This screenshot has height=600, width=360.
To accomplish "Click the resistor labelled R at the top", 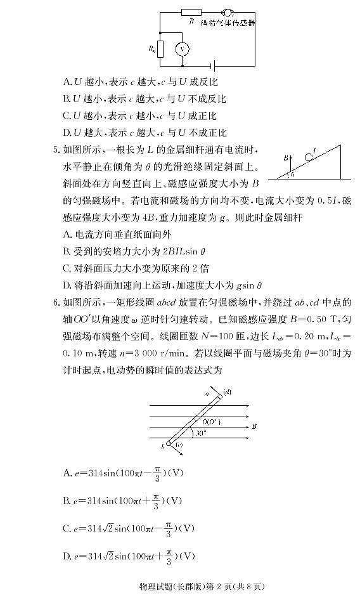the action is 191,11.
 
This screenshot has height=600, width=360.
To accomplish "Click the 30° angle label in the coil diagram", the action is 202,433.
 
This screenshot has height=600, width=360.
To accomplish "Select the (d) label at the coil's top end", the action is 226,392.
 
